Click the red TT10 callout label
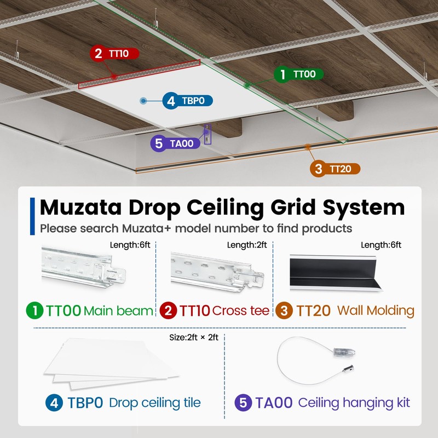tap(114, 53)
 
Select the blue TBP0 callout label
tap(187, 101)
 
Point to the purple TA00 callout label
tap(174, 143)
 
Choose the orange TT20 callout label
tap(334, 169)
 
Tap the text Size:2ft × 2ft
tap(194, 338)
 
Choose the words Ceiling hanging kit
tap(354, 404)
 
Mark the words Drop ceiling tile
tap(155, 404)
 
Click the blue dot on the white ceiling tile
tap(143, 101)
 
